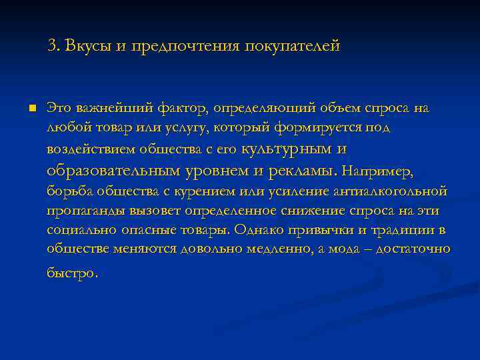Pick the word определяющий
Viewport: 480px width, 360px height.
(261, 108)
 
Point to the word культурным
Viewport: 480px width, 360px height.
(291, 149)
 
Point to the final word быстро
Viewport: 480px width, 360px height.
(72, 273)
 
